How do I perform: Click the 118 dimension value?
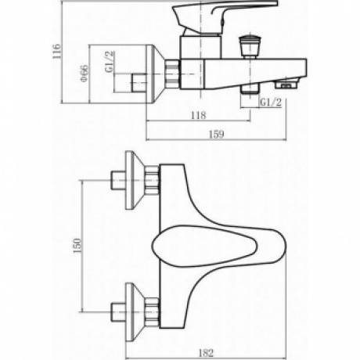tap(197, 115)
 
